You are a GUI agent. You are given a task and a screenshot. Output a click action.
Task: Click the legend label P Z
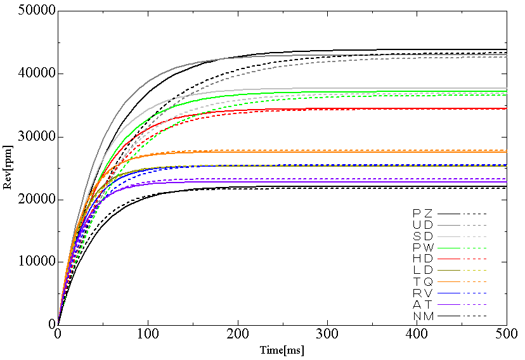coord(422,212)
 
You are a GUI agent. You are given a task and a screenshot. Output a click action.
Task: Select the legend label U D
coord(422,224)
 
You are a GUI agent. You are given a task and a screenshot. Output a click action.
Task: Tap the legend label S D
coord(422,236)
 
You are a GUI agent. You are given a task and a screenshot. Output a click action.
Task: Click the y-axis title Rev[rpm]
coord(8,168)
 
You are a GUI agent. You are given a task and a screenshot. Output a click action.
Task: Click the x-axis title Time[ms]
coord(282,350)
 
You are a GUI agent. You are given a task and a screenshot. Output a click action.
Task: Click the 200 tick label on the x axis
coord(237,334)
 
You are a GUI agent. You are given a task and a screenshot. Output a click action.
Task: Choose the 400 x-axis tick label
coord(417,334)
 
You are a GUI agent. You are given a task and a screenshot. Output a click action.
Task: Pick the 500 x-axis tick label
coord(506,334)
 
